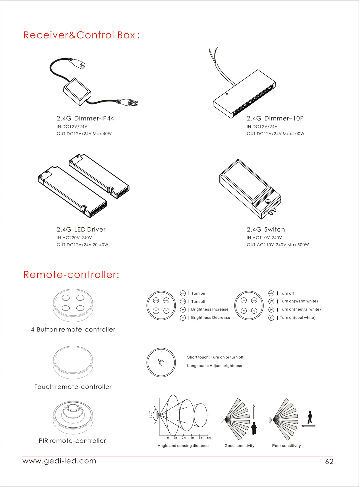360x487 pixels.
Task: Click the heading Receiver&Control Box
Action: [x=81, y=35]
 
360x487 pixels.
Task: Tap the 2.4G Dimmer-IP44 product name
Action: [x=85, y=118]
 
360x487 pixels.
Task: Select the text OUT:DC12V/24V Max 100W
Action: [x=275, y=134]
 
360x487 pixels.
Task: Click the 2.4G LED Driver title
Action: [x=81, y=230]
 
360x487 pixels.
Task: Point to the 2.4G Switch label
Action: [x=266, y=230]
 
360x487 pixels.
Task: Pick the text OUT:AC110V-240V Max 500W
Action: [x=278, y=245]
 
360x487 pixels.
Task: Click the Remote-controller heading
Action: [x=71, y=275]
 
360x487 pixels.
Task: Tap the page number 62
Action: [x=329, y=461]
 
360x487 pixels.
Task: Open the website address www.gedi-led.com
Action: [x=59, y=461]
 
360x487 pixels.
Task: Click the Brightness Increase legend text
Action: [x=210, y=309]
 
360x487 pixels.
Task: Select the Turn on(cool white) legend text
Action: [x=297, y=318]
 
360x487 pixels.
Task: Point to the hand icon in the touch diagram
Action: [x=161, y=362]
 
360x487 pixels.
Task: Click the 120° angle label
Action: [x=150, y=415]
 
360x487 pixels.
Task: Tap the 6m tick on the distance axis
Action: [x=209, y=438]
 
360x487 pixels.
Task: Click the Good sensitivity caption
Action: [x=239, y=446]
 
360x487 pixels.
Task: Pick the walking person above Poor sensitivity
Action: [x=310, y=417]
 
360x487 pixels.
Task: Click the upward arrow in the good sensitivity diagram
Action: [x=254, y=411]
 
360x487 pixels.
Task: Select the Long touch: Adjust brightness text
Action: [x=214, y=366]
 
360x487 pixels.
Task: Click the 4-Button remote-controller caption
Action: [x=73, y=330]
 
